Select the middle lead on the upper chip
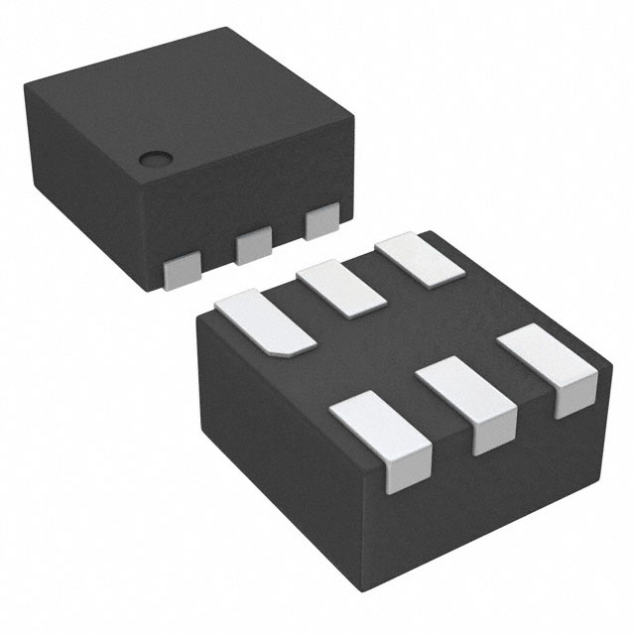click(254, 244)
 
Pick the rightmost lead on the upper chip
click(322, 221)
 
